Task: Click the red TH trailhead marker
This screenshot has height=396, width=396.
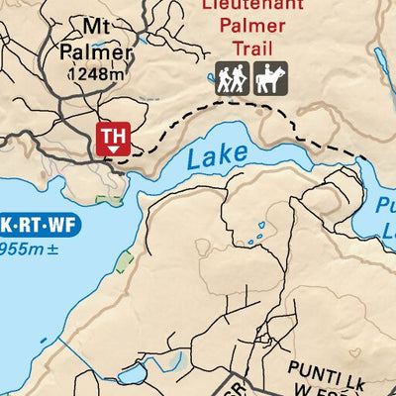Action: [114, 138]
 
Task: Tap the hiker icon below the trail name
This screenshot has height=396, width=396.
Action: [232, 79]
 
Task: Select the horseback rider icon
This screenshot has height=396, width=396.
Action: [270, 79]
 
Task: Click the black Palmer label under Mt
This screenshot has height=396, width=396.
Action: [94, 51]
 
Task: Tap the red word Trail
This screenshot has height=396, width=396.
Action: [251, 48]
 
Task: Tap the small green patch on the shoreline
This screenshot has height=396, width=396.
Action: [124, 261]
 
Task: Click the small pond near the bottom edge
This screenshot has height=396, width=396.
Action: [136, 374]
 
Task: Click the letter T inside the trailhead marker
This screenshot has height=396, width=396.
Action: [108, 134]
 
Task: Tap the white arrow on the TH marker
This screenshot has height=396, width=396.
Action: [114, 148]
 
